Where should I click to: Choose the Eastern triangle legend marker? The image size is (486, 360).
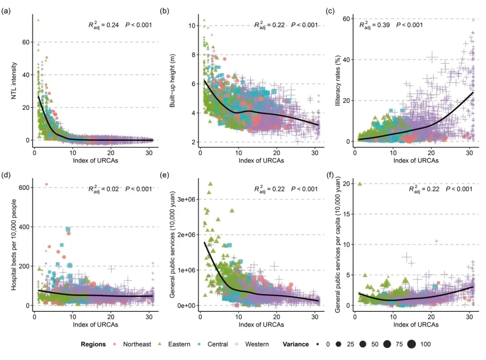pyautogui.click(x=161, y=344)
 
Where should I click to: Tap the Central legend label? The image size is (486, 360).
pyautogui.click(x=217, y=344)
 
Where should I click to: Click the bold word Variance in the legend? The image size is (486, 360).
pyautogui.click(x=296, y=344)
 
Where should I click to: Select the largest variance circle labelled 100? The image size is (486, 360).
pyautogui.click(x=411, y=344)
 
